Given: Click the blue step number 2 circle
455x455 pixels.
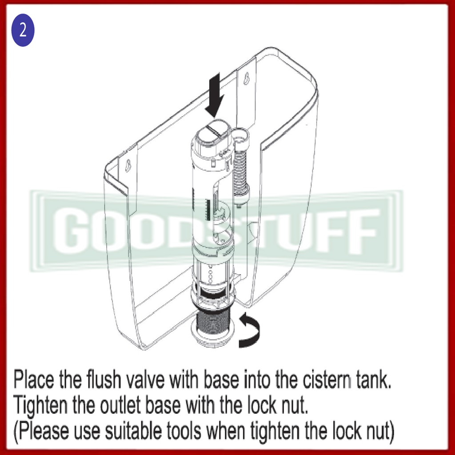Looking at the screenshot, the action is click(23, 30).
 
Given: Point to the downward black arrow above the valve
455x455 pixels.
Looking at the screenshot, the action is click(215, 95).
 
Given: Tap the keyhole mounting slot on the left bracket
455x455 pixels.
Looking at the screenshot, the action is click(127, 166).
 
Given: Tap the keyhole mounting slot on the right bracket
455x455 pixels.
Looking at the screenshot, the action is click(246, 78).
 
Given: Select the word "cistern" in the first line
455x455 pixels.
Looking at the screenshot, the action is click(327, 379).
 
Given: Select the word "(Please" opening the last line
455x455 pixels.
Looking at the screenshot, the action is click(41, 431).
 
